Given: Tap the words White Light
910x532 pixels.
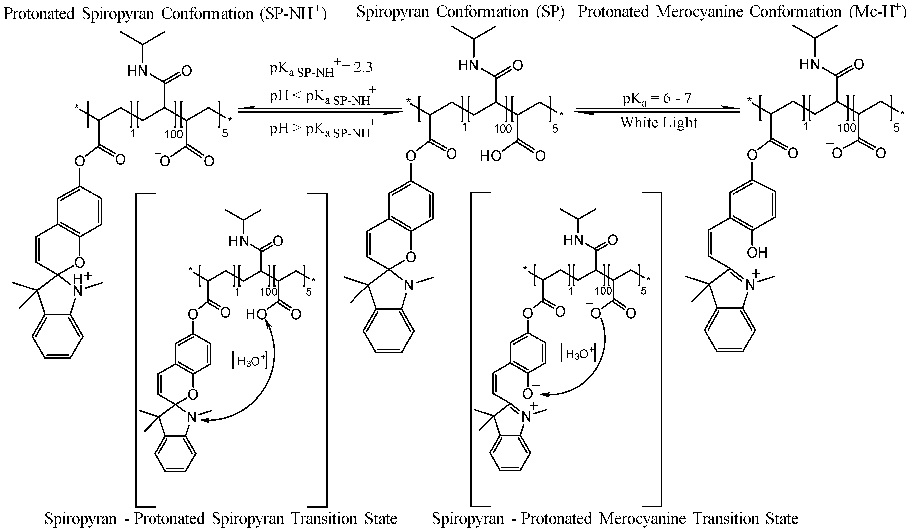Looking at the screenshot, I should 659,123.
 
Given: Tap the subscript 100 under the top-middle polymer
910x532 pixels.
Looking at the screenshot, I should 503,129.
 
